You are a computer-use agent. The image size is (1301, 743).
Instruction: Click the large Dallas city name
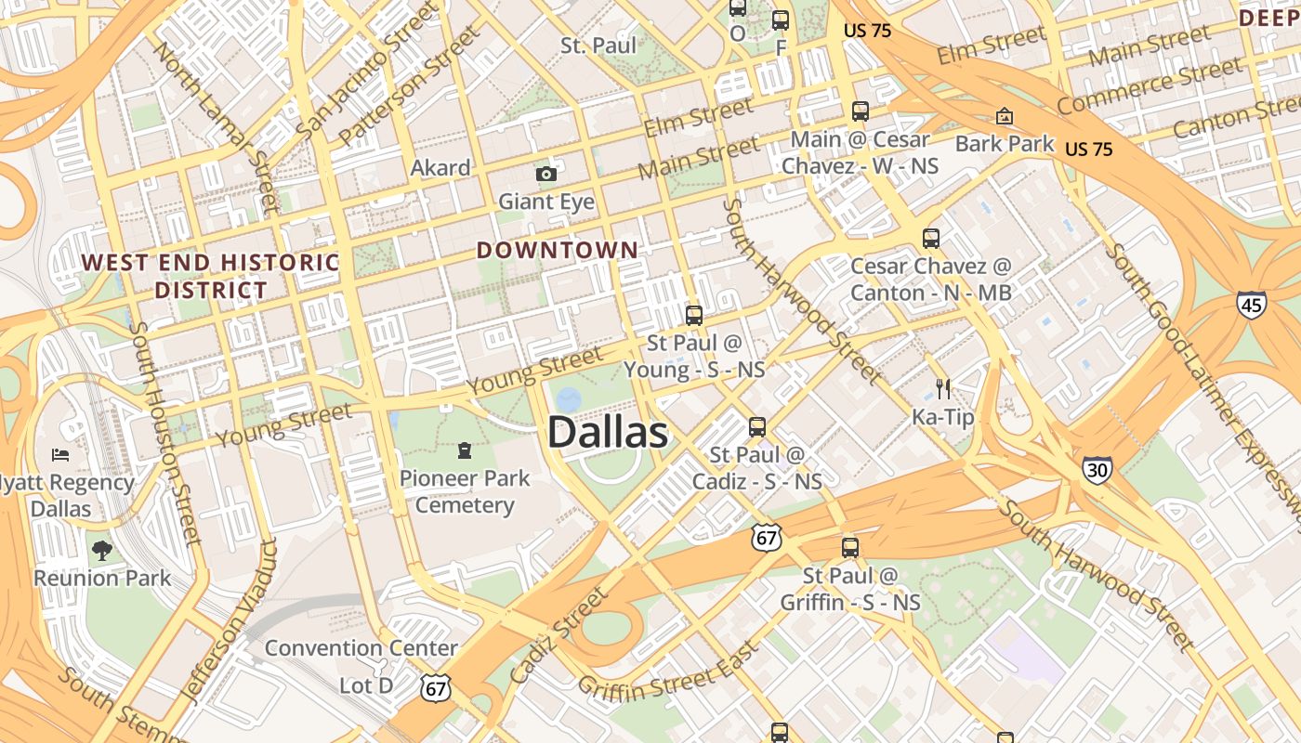[x=607, y=433]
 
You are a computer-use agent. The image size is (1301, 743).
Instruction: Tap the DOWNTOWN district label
[x=558, y=250]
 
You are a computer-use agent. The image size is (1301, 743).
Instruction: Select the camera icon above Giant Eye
[x=545, y=174]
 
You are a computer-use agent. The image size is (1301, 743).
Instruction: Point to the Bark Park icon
[x=1004, y=116]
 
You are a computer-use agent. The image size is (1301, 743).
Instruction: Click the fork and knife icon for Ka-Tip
[x=943, y=388]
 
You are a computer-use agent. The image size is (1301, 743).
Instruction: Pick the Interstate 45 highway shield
[x=1251, y=304]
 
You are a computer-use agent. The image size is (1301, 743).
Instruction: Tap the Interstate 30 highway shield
[x=1097, y=470]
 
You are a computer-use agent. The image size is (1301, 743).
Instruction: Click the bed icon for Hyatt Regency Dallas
[x=60, y=455]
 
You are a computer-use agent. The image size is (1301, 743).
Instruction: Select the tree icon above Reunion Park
[x=101, y=551]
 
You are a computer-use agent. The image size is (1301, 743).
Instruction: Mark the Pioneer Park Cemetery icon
[x=464, y=451]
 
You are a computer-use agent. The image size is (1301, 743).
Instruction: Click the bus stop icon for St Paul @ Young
[x=693, y=315]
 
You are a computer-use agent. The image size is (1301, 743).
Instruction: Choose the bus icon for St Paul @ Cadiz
[x=757, y=427]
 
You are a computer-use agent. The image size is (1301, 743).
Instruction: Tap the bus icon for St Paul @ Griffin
[x=849, y=548]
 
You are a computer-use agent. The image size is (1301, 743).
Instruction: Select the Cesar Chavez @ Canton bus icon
[x=931, y=239]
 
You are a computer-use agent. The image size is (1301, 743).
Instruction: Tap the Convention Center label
[x=361, y=647]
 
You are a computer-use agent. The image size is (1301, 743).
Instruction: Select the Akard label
[x=440, y=168]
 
